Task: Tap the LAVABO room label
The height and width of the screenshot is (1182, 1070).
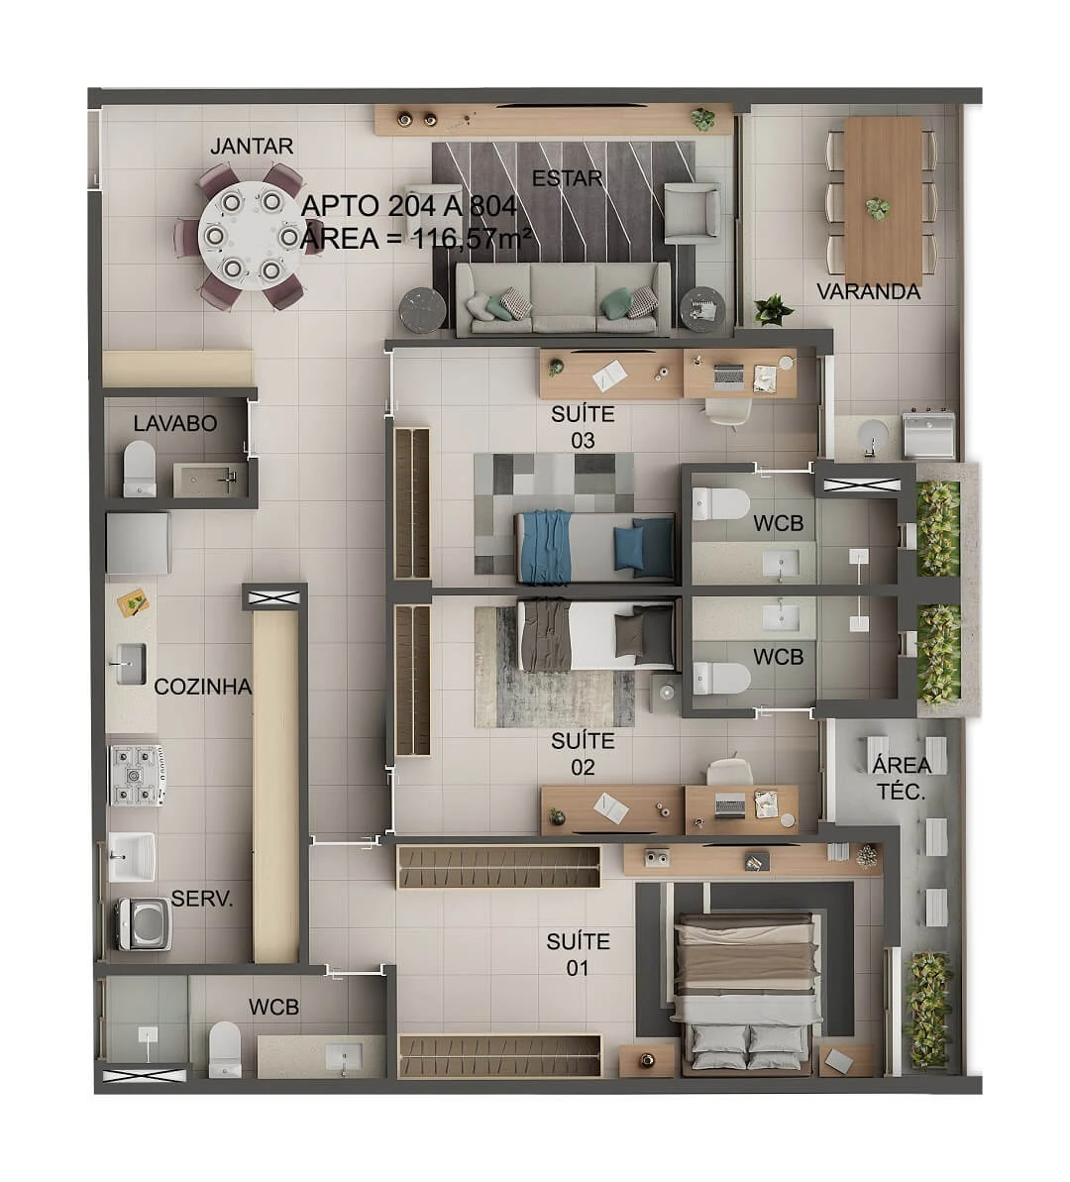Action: point(175,424)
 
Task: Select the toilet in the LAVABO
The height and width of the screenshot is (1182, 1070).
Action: point(140,468)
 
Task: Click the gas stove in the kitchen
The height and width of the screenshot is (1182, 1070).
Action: point(137,775)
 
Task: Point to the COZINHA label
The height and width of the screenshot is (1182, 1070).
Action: point(203,687)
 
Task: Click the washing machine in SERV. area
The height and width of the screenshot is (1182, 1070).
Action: point(144,923)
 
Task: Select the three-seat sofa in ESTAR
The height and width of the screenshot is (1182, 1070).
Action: point(563,298)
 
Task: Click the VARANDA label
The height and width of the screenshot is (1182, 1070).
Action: point(869,291)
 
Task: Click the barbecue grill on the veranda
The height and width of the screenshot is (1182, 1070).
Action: point(929,435)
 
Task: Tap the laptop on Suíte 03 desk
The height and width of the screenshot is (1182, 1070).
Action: point(729,376)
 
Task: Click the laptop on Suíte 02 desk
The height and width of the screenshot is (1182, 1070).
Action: point(730,806)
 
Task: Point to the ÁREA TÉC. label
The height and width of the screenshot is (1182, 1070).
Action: point(902,778)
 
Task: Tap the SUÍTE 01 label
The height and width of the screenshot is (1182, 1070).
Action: point(578,954)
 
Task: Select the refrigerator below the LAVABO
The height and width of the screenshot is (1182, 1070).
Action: point(138,544)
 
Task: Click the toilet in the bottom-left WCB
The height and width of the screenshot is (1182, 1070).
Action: point(224,1048)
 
